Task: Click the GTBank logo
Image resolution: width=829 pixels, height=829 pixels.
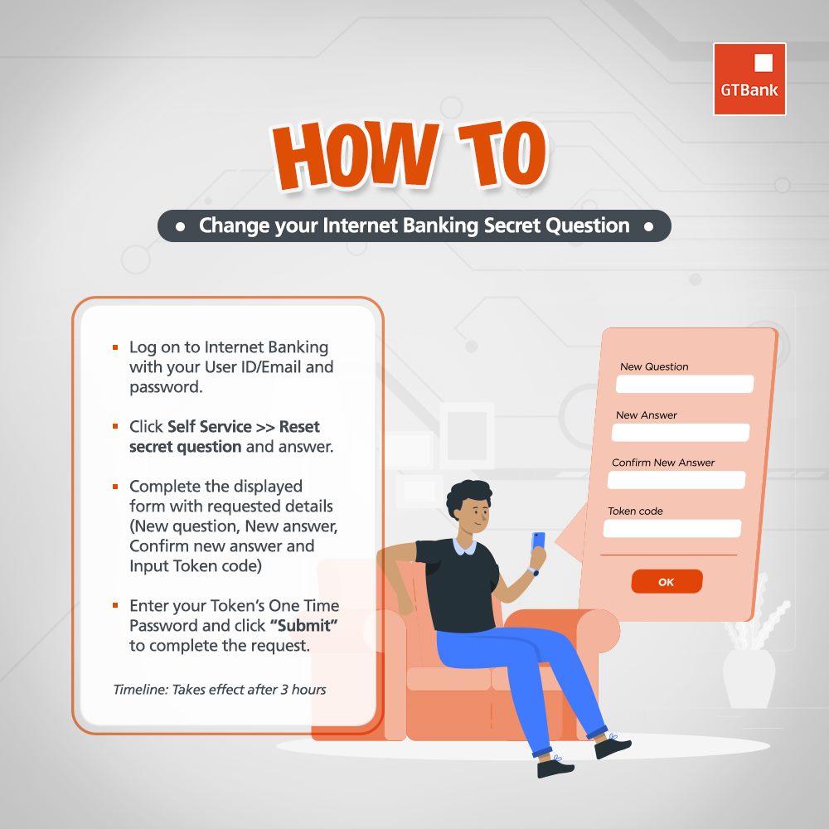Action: [749, 80]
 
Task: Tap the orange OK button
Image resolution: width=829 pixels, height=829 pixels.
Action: [667, 582]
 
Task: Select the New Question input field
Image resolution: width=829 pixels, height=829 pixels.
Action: [685, 384]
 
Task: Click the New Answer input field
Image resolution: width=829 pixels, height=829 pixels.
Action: [681, 433]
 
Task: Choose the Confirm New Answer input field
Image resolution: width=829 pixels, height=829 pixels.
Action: [676, 480]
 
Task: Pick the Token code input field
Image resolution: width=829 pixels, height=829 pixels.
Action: [672, 529]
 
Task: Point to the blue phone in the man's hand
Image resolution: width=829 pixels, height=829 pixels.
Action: [538, 542]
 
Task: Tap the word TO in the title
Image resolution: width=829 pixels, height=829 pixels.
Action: [503, 153]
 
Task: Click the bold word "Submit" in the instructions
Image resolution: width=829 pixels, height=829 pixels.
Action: [303, 625]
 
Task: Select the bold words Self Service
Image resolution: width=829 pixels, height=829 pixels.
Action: [210, 427]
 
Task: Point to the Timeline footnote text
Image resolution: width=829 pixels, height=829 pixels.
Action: [220, 690]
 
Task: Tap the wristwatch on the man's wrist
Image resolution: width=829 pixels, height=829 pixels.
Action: [535, 571]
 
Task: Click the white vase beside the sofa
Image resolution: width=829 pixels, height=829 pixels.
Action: [749, 678]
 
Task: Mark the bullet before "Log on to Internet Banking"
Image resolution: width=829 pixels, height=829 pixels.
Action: [115, 347]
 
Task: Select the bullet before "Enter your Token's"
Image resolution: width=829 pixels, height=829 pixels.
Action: [115, 605]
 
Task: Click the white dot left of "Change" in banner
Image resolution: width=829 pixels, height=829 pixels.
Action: [180, 227]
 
